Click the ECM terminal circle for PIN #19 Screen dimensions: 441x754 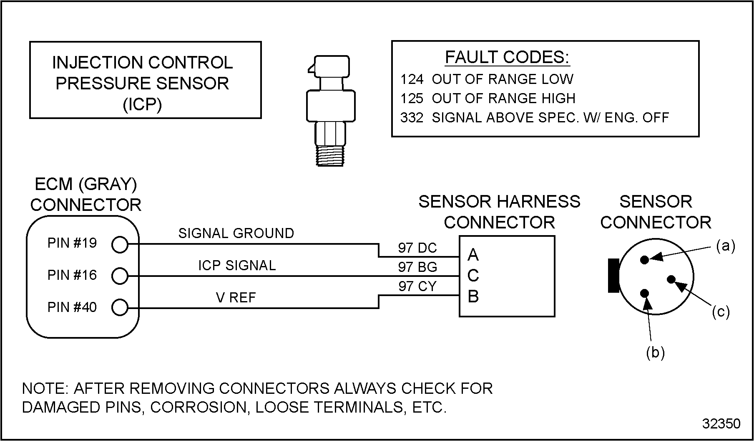tap(120, 245)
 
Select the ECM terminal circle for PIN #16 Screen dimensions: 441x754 tap(120, 276)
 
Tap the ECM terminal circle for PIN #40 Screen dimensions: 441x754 tap(120, 308)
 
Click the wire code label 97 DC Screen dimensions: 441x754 tap(417, 248)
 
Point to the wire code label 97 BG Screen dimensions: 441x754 tap(417, 267)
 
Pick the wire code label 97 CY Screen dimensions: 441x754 tap(417, 286)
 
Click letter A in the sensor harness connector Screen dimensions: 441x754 tap(473, 254)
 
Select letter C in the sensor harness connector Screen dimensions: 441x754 tap(473, 276)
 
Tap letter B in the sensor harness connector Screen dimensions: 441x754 tap(473, 297)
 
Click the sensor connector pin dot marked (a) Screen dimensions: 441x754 tap(645, 260)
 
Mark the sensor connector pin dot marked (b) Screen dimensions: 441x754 tap(645, 293)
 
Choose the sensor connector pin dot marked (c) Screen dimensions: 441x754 tap(671, 279)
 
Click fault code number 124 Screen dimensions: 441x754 tap(412, 79)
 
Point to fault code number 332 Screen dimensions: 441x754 tap(412, 118)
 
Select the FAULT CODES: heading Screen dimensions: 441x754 tap(507, 57)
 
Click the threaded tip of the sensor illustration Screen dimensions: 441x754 tap(330, 156)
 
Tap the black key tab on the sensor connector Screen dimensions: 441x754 tap(613, 276)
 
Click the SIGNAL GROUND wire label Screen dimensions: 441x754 tap(236, 233)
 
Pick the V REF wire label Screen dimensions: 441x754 tap(236, 297)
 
